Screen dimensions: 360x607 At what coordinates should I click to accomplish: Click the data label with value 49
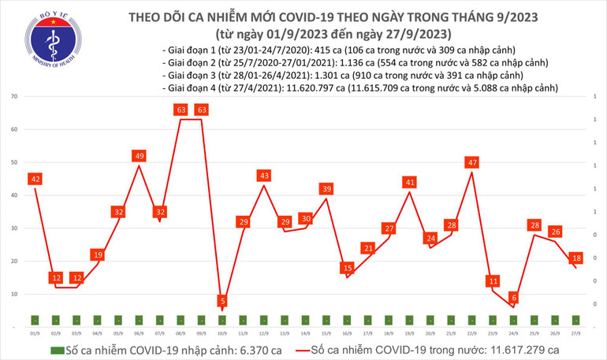pyautogui.click(x=139, y=156)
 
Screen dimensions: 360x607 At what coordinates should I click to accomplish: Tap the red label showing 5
pyautogui.click(x=223, y=301)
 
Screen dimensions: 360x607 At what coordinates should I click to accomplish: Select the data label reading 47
pyautogui.click(x=471, y=162)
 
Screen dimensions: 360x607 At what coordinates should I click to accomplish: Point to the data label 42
pyautogui.click(x=35, y=179)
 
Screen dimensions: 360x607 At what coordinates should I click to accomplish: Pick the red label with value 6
pyautogui.click(x=514, y=298)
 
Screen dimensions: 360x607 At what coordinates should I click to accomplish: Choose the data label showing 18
pyautogui.click(x=577, y=258)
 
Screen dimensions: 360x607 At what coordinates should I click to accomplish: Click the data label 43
pyautogui.click(x=264, y=176)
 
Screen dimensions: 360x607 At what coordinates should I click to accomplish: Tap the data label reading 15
pyautogui.click(x=348, y=268)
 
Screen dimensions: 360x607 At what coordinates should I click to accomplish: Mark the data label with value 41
pyautogui.click(x=409, y=182)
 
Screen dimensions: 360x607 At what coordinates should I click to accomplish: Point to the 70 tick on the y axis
pyautogui.click(x=15, y=96)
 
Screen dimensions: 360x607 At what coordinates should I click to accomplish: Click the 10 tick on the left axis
pyautogui.click(x=15, y=294)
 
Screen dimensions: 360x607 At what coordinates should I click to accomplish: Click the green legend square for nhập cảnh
pyautogui.click(x=57, y=349)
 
